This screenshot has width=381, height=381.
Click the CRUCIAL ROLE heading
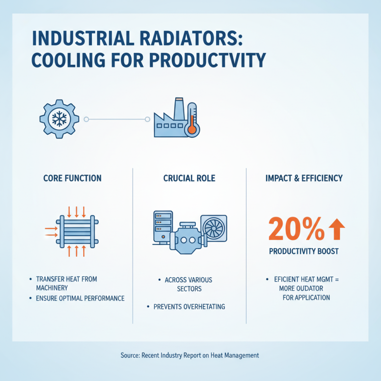189,179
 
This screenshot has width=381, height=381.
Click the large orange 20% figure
296,230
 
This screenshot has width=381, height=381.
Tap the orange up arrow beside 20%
337,230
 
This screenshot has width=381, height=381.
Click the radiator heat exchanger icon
77,231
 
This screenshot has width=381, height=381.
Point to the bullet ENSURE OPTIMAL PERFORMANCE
80,299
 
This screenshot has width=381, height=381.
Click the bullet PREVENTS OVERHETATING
189,307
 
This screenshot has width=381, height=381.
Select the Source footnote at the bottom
189,355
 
